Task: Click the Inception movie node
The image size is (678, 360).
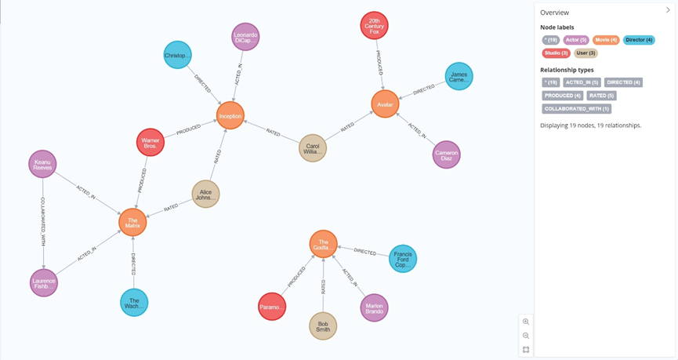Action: pos(230,116)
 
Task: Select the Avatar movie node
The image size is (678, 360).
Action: pos(385,104)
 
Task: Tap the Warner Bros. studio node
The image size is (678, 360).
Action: pos(150,142)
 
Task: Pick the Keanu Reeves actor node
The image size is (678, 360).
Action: pos(42,164)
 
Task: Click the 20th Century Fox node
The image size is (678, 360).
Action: pos(374,26)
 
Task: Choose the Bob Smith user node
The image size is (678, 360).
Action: pos(323,326)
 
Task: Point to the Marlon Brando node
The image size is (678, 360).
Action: pos(374,307)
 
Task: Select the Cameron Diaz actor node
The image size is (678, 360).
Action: pos(446,155)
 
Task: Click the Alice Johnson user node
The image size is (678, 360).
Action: pos(205,194)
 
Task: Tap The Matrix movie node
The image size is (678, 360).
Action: pos(132,223)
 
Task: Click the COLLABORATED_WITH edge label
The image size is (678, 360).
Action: pos(43,224)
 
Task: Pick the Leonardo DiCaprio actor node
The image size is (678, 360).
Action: pos(245,37)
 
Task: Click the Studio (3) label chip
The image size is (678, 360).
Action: pos(556,53)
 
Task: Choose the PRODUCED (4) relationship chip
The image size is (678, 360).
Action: pos(562,96)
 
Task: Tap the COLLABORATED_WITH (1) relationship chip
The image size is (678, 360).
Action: pos(577,109)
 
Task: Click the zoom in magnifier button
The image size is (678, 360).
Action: pos(526,322)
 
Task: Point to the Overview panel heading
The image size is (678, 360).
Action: pos(554,13)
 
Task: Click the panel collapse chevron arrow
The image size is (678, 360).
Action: pos(668,10)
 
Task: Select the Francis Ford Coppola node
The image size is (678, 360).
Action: pos(403,259)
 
